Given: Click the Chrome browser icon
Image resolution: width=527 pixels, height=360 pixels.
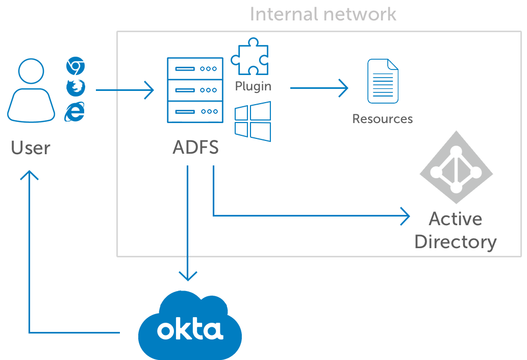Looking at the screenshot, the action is [x=76, y=66].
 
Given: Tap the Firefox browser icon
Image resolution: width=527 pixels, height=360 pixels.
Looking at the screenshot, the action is [x=76, y=87].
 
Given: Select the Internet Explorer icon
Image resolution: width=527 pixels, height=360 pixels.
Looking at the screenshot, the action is [x=74, y=111].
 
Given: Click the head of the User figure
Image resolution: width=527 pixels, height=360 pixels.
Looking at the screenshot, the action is [x=31, y=71].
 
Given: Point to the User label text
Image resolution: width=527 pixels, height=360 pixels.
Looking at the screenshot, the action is [x=31, y=148].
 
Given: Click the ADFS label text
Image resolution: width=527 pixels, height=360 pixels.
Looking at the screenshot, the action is [x=195, y=148].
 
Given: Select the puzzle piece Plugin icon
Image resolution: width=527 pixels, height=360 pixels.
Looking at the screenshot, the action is [x=249, y=56].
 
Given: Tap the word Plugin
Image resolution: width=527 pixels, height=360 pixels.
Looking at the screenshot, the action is [x=253, y=86].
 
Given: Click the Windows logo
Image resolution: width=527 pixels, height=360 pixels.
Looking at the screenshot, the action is [x=253, y=122].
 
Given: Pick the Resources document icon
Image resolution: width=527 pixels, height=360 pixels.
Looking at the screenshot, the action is [x=383, y=81].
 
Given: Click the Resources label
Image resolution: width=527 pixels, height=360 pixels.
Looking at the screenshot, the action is [x=383, y=119].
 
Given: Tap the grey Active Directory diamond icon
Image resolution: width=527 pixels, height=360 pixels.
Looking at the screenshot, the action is [x=456, y=167].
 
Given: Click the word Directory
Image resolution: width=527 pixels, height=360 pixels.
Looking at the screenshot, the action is [x=456, y=242].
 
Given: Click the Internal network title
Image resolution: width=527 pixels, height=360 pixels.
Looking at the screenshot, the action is [x=323, y=14].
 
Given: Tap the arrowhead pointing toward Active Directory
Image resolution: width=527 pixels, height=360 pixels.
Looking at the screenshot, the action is [x=406, y=215].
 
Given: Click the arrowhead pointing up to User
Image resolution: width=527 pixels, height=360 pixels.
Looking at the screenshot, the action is [x=29, y=175].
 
